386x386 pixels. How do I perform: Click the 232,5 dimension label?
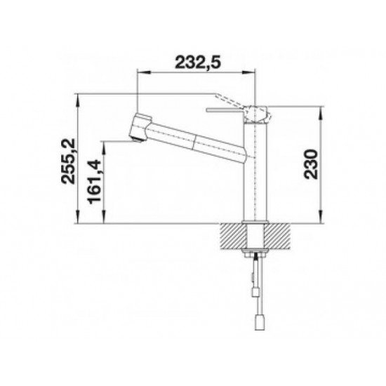pos(198,62)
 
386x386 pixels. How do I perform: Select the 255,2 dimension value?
pos(68,161)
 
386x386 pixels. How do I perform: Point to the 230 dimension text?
pos(311,164)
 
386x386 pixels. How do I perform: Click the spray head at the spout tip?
pos(138,128)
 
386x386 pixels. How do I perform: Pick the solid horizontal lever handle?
pos(225,110)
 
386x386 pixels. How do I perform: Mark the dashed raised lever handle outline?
pos(229,100)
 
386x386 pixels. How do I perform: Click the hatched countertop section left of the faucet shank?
pos(233,237)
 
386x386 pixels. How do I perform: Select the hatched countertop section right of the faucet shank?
pos(277,237)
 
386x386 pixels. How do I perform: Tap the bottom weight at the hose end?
pos(258,322)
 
